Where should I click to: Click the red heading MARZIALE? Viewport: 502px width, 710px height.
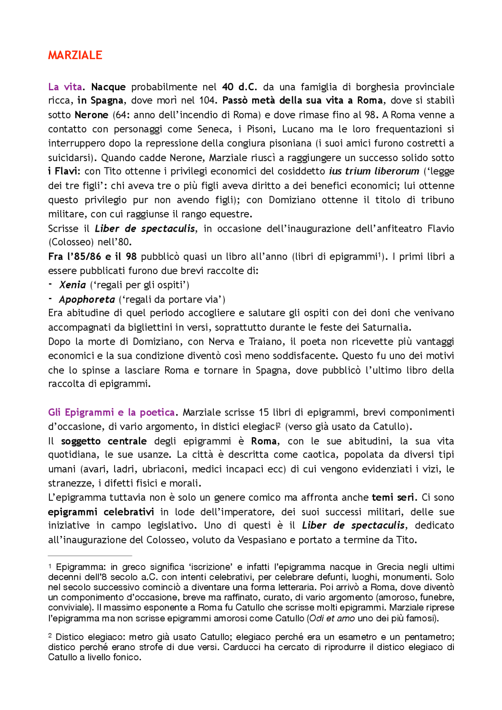75,55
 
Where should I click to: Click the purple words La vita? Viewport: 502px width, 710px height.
65,87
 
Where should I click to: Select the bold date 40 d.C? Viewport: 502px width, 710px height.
239,87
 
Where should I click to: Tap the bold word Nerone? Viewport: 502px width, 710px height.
91,115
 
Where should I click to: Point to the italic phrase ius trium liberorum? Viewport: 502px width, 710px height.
374,171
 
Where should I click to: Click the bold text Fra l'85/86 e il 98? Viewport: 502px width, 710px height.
92,256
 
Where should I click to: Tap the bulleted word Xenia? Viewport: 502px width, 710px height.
73,285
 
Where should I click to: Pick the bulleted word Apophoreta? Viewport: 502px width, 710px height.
87,300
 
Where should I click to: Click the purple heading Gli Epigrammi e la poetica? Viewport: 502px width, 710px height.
111,412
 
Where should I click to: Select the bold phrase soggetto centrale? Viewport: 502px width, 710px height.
104,441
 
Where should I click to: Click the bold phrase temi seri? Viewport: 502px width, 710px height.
393,498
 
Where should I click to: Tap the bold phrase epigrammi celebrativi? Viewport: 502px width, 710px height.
101,512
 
